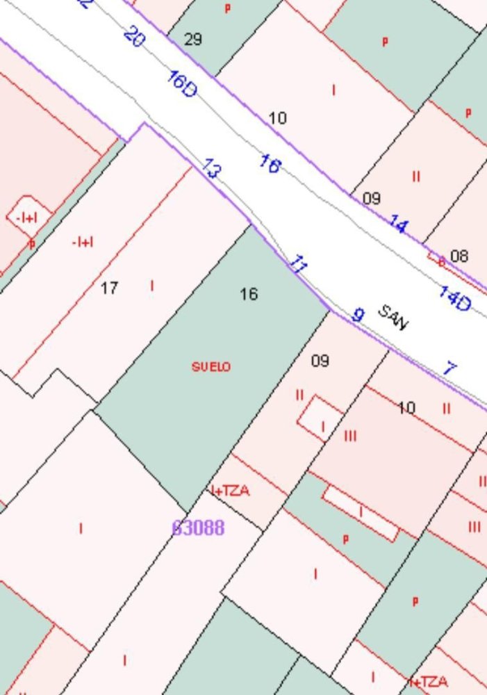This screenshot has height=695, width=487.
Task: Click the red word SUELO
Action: click(211, 366)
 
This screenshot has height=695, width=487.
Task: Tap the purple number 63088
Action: click(198, 528)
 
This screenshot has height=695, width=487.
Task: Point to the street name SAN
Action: click(393, 317)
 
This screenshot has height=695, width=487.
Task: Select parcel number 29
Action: click(193, 39)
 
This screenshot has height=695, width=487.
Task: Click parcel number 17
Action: click(109, 288)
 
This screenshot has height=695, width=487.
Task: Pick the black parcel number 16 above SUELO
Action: click(249, 295)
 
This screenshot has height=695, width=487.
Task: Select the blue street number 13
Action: click(211, 168)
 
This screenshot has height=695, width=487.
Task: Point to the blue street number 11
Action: click(298, 263)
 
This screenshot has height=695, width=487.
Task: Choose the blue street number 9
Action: click(358, 315)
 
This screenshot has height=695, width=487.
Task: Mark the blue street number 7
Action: click(449, 368)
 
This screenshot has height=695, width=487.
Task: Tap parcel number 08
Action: click(459, 256)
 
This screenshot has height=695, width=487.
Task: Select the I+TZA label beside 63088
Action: click(230, 491)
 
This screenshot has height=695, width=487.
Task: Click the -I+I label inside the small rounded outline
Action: click(26, 218)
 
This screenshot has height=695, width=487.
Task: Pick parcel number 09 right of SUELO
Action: click(320, 361)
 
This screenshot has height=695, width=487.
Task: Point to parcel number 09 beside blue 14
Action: click(372, 198)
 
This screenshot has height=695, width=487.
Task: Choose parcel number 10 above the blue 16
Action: click(277, 118)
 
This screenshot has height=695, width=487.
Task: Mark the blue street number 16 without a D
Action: click(270, 164)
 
